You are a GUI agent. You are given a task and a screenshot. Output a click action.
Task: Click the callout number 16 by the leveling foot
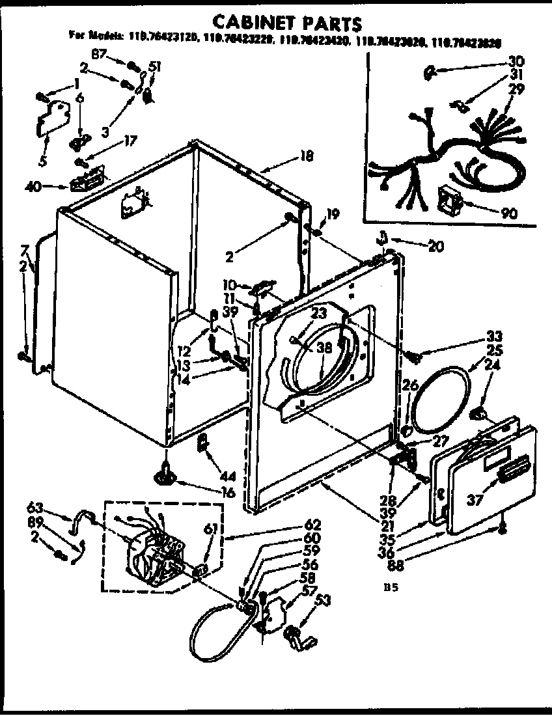[227, 493]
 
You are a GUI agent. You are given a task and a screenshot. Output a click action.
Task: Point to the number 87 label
[99, 55]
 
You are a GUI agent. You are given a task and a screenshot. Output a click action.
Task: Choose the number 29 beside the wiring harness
[516, 89]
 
